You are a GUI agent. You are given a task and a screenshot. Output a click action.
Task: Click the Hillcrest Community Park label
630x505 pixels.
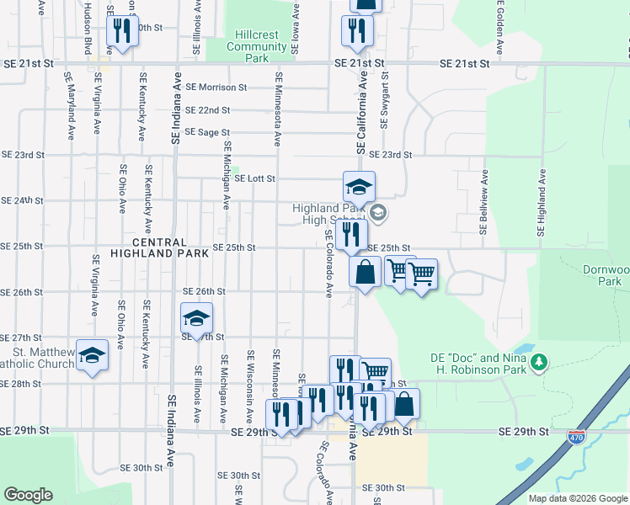pos(260,47)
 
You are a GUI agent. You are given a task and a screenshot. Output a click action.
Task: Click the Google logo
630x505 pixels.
pos(29,495)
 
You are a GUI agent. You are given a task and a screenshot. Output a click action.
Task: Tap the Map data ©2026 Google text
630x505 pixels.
pos(578,498)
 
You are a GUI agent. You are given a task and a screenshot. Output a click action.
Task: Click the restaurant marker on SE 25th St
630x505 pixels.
pos(351,233)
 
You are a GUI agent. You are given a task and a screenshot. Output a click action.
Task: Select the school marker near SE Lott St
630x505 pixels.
pos(359,186)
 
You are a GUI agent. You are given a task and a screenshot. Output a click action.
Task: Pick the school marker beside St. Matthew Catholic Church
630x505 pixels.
pos(93,356)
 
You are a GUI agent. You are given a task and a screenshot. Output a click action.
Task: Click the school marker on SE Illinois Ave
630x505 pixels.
pos(196,318)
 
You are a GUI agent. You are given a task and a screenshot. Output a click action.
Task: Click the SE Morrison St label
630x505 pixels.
pos(216,87)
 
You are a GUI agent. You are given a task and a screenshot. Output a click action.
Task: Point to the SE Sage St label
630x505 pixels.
pos(207,132)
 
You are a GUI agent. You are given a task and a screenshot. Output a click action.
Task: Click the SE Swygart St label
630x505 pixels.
pos(385,102)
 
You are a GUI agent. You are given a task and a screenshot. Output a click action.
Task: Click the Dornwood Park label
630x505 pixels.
pos(606,276)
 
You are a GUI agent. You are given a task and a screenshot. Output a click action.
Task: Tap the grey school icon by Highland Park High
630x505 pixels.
pos(377,212)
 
